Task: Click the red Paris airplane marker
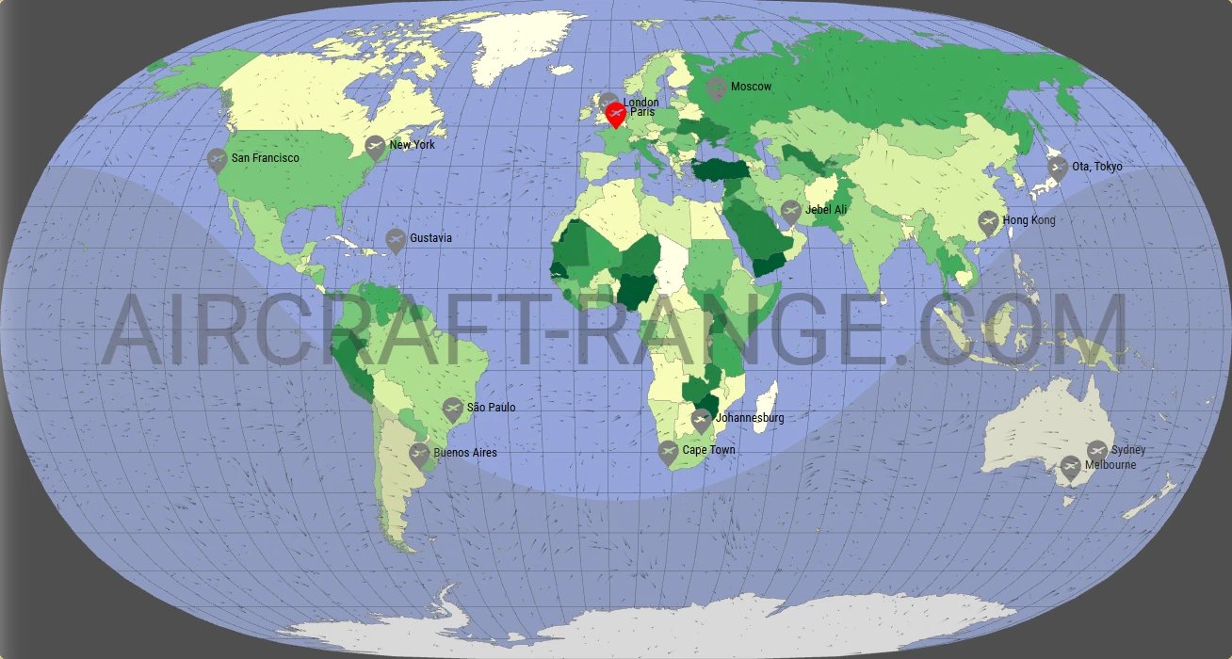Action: (x=615, y=115)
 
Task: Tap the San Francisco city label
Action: (x=266, y=158)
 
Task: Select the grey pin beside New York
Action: (x=376, y=147)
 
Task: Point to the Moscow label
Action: (x=751, y=87)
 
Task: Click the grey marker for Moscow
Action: (x=717, y=88)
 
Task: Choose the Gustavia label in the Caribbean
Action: (x=430, y=238)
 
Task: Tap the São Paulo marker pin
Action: (x=453, y=409)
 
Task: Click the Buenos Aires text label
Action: (x=465, y=453)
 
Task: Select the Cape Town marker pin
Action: (x=668, y=452)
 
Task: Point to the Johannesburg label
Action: (x=750, y=418)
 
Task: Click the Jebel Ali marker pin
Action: (x=791, y=211)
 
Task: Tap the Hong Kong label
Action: (x=1029, y=220)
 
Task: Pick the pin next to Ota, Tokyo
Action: (x=1058, y=169)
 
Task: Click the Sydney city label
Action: (x=1128, y=450)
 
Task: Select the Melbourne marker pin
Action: (x=1070, y=467)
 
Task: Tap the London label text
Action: (x=640, y=102)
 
